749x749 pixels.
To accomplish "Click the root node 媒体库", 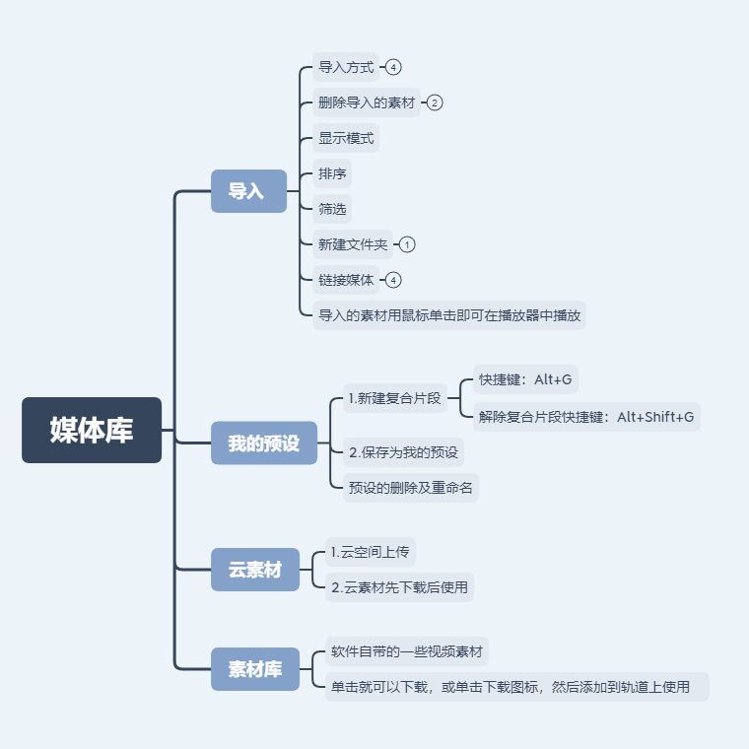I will pos(92,430).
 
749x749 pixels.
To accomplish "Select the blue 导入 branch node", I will pos(248,191).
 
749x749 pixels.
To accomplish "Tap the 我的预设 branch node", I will pos(264,443).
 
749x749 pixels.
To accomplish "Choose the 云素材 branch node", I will pos(255,570).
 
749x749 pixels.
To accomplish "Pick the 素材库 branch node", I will pos(255,669).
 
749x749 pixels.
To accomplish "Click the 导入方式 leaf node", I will pos(346,67).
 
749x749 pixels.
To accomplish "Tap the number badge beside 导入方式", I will pos(394,67).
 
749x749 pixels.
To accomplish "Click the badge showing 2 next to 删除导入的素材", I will pos(435,102).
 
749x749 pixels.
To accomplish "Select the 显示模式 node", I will pos(346,138).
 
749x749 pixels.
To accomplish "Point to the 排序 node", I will pos(332,173).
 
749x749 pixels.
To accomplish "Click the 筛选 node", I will pos(332,209).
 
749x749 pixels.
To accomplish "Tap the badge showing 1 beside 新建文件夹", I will pos(408,244).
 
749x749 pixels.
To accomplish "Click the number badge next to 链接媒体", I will pos(394,280).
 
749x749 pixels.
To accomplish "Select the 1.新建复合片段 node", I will pos(394,399).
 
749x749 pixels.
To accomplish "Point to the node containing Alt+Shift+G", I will pos(586,417).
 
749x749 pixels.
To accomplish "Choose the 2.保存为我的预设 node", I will pos(403,452).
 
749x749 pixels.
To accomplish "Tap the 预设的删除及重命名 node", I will pos(410,487).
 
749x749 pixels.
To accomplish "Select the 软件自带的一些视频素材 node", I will pos(407,651).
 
